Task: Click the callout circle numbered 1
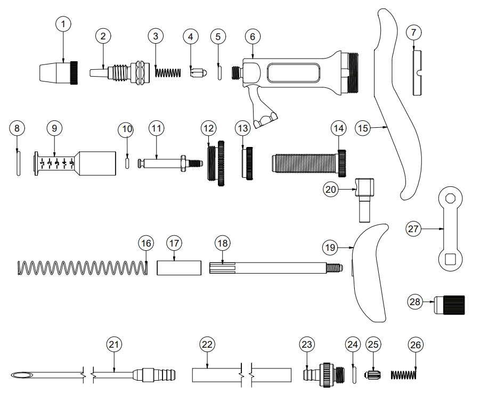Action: pos(63,24)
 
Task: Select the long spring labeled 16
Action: pos(83,268)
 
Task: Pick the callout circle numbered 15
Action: pos(363,128)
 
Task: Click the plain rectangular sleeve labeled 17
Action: pos(178,267)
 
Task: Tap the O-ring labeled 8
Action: pos(18,161)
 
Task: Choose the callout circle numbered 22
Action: pos(207,345)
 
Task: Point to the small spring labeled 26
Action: pos(403,375)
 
